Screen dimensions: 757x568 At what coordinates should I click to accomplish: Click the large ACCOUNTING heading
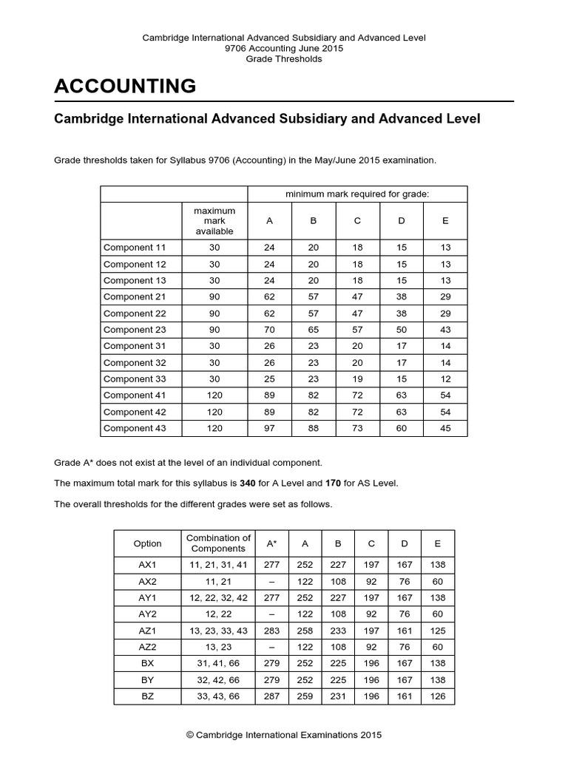(125, 86)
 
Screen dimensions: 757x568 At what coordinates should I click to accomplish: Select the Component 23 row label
(135, 330)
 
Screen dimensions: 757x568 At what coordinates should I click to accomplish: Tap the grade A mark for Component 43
(269, 428)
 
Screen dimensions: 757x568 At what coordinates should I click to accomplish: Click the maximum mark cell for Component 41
(214, 396)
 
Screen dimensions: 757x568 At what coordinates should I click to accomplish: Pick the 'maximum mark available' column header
(214, 220)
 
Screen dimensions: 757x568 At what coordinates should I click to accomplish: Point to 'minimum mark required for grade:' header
(357, 194)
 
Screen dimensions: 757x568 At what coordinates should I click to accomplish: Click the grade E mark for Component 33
(444, 379)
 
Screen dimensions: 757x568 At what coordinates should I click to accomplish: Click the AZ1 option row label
(147, 631)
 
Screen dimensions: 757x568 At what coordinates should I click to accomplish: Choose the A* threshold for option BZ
(271, 696)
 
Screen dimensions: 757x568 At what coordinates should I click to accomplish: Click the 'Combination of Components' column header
(218, 543)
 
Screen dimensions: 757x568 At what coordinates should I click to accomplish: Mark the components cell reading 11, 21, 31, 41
(218, 565)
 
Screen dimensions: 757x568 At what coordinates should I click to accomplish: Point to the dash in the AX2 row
(271, 581)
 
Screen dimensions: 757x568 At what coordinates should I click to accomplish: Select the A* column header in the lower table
(271, 543)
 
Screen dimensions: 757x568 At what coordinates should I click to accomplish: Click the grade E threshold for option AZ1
(438, 631)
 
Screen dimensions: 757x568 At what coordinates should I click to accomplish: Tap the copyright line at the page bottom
(284, 735)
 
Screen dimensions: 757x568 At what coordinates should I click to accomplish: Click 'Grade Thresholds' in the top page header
(284, 59)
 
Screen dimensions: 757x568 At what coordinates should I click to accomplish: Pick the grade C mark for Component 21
(357, 297)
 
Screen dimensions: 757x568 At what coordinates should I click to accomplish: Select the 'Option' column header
(147, 543)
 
